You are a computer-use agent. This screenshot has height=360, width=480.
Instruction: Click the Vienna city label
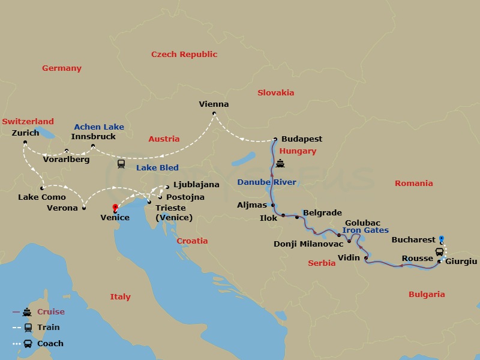214,104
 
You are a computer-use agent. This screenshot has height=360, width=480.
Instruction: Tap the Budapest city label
301,139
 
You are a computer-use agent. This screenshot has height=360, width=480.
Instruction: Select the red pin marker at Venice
115,208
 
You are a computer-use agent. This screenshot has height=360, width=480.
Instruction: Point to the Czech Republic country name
184,55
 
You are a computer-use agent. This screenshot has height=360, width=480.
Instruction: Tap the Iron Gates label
365,230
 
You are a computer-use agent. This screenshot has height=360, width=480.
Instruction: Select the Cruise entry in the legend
50,312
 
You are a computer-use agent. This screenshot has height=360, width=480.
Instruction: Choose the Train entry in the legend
49,328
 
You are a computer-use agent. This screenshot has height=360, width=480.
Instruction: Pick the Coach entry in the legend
50,344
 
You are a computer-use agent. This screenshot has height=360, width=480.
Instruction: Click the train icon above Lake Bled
121,163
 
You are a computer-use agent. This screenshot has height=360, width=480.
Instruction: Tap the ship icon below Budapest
280,164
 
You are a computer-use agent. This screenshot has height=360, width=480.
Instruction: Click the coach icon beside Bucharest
439,252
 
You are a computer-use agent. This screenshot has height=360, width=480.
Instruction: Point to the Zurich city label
25,133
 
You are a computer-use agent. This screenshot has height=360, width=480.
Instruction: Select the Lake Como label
41,197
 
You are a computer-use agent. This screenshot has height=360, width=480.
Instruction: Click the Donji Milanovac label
308,244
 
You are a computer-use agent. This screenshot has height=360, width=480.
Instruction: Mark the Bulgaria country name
427,295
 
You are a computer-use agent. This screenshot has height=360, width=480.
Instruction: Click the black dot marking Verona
84,208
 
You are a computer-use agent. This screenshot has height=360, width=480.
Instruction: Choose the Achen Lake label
99,127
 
